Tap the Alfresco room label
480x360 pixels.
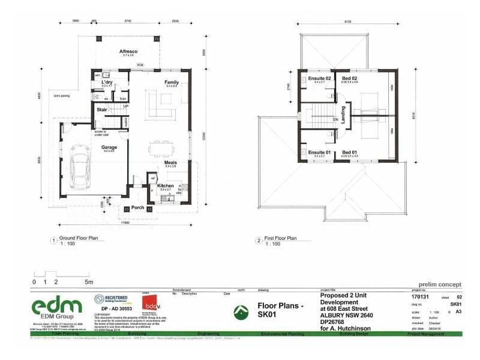tap(129, 52)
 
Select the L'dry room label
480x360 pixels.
tap(107, 82)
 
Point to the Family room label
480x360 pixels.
tap(172, 82)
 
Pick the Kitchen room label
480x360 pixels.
tap(166, 186)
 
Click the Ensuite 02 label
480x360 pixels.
tap(320, 79)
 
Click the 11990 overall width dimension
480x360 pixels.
tap(125, 223)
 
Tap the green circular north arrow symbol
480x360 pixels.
tap(241, 311)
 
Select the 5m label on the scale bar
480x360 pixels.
tap(88, 281)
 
